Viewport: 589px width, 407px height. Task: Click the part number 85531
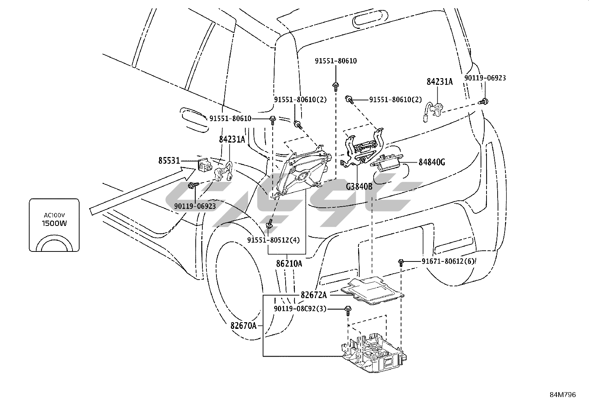[x=169, y=161]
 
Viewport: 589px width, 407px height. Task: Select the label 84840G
[x=432, y=162]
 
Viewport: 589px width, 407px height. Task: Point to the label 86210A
[x=289, y=264]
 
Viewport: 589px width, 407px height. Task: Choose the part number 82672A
[x=314, y=295]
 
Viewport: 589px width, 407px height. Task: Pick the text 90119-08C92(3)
[x=300, y=309]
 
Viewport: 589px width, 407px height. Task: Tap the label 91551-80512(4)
[x=273, y=240]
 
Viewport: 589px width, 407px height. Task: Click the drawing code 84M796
[x=563, y=395]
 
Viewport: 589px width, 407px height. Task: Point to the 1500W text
[x=54, y=223]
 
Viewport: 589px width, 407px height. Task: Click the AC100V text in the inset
[x=54, y=215]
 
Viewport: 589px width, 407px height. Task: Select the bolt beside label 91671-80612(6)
[x=401, y=262]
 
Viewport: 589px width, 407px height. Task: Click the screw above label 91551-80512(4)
[x=270, y=224]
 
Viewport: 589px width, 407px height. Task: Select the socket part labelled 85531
[x=203, y=164]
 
